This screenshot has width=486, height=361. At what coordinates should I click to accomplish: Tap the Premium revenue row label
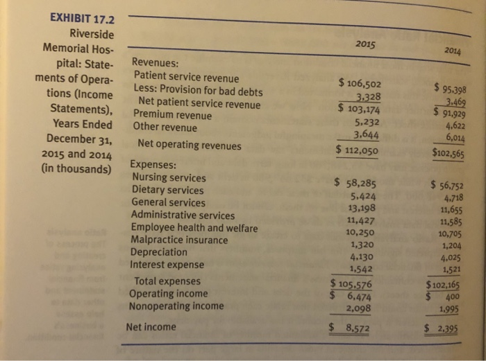(x=167, y=116)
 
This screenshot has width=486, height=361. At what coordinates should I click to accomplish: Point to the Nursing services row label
(x=169, y=177)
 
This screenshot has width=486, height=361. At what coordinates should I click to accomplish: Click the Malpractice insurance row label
(x=179, y=240)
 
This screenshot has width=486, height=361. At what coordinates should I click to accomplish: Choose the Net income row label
(x=151, y=326)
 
